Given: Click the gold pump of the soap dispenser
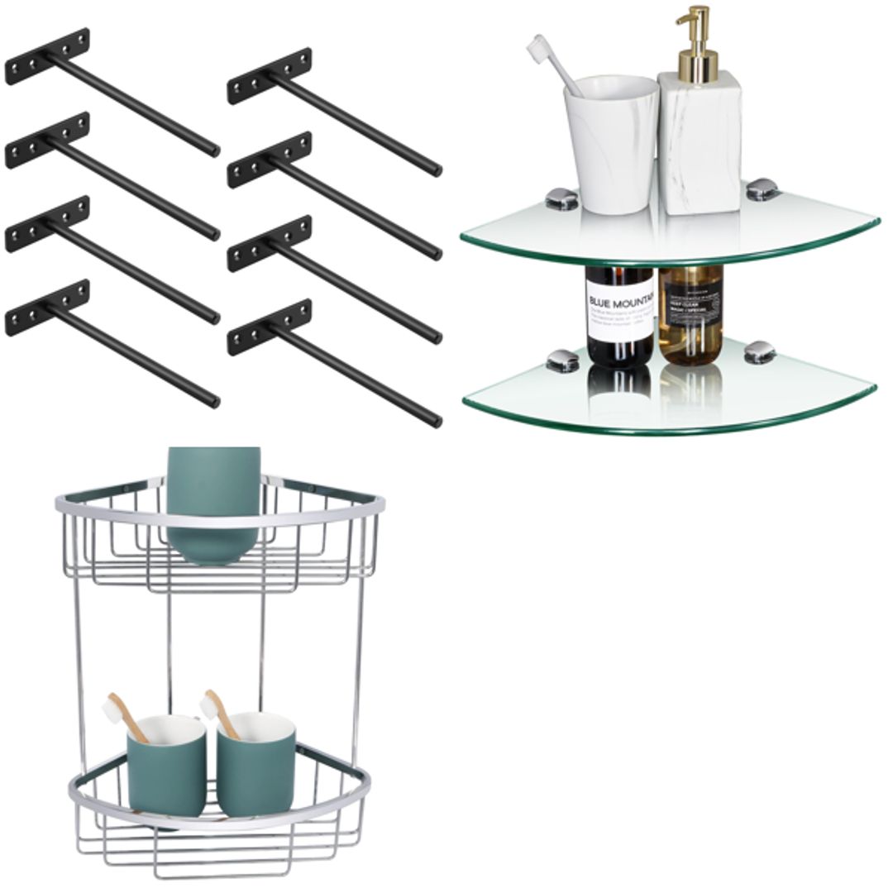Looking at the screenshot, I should (x=693, y=37).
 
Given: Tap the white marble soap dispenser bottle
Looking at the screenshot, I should (x=699, y=141).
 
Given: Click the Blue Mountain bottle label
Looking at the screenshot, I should (x=619, y=313).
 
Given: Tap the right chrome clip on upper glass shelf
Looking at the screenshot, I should (x=762, y=190).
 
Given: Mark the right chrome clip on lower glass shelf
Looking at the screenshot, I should (x=760, y=351).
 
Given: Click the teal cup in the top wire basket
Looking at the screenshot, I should (x=213, y=504).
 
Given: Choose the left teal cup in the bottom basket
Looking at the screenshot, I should (x=165, y=765).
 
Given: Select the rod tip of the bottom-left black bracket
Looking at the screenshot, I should (x=214, y=402).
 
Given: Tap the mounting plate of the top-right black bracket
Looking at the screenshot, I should (x=270, y=76).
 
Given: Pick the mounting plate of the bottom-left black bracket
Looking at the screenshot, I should (x=47, y=308).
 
